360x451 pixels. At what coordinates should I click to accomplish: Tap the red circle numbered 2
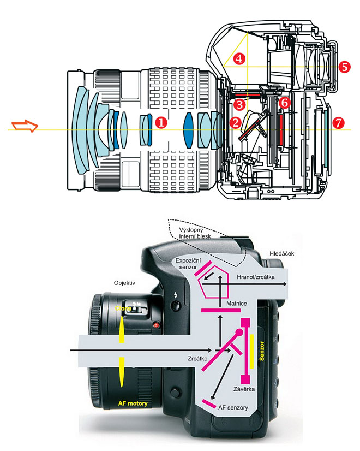(x=235, y=122)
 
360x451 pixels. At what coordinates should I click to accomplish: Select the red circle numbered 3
(x=239, y=103)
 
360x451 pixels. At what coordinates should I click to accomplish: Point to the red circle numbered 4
(x=238, y=58)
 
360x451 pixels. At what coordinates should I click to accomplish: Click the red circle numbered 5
(x=344, y=67)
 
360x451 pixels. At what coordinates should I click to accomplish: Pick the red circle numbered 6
(x=284, y=102)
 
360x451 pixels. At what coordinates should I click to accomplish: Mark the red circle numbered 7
(x=338, y=123)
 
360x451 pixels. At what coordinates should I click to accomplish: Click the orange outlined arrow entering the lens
(x=25, y=128)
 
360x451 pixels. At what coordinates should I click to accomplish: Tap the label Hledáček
(x=282, y=253)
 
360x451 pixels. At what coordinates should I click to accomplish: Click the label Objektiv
(x=124, y=284)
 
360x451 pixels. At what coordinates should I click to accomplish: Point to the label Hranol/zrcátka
(x=256, y=277)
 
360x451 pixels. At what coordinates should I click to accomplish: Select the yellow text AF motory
(x=133, y=403)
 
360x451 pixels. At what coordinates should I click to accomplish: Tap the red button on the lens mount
(x=157, y=327)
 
